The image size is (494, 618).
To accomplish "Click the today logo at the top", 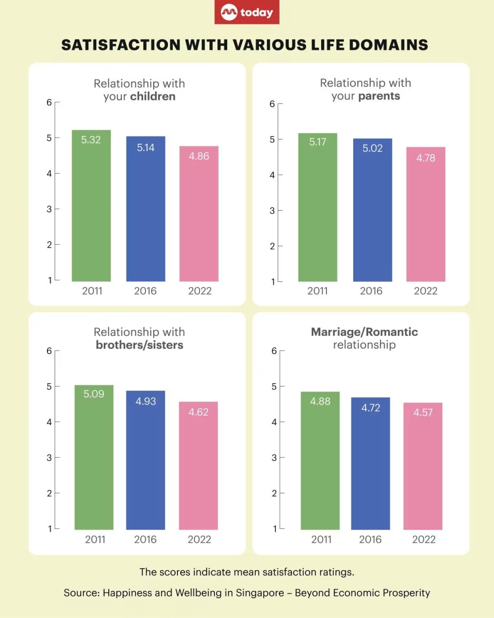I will pos(247,12).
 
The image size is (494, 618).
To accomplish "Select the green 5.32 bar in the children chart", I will pos(91,208).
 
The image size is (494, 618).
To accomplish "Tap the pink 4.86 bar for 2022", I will pos(199,215).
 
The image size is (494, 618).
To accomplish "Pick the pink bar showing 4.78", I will pos(425,215).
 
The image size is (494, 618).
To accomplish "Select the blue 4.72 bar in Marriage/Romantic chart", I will pos(370,465).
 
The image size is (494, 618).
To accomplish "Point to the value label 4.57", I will pos(423,412).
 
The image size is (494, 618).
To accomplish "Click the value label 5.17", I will pos(318,142).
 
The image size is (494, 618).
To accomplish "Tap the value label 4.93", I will pos(146,401).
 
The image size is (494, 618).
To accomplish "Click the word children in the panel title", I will pos(153,96).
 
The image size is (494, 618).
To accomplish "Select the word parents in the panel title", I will pos(379,96).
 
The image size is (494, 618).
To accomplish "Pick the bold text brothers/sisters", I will pos(139,345).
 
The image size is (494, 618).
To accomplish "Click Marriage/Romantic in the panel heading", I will pos(364,332).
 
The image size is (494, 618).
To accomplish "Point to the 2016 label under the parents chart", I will pos(371,291).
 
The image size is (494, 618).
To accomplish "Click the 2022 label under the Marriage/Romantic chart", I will pos(424,539).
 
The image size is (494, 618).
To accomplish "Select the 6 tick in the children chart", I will pos(49,102).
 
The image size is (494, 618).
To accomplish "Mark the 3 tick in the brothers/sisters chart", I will pos(49,457).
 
